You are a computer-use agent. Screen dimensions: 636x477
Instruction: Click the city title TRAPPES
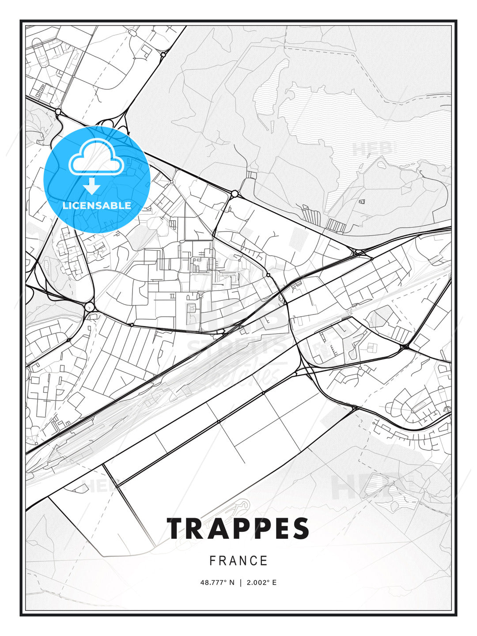point(238,529)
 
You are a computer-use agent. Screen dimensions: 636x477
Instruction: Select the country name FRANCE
point(238,561)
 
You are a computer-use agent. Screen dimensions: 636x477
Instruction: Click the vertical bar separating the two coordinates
point(240,583)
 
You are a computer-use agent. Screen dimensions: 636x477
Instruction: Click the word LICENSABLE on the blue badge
point(97,205)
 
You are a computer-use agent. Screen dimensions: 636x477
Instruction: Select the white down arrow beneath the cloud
point(92,186)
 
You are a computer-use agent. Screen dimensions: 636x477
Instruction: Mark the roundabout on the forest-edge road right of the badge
point(235,193)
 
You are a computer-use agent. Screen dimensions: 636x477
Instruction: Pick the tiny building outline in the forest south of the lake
point(362,201)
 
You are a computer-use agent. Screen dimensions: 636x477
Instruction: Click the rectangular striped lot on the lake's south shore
point(336,226)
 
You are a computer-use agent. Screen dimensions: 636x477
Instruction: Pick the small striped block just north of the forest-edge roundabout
point(251,175)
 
